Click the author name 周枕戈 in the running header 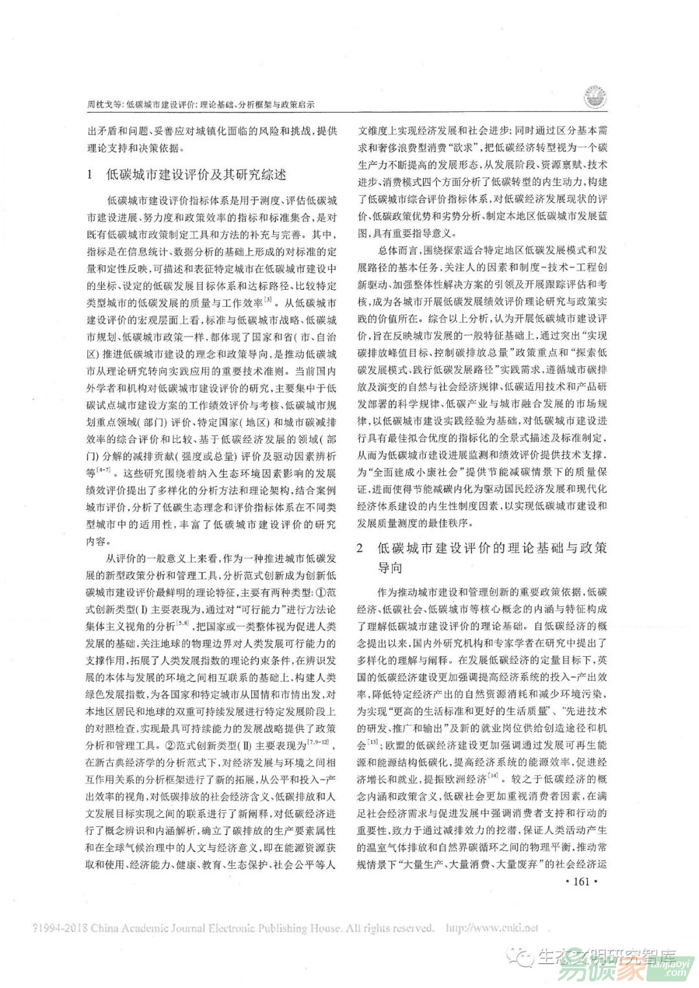(100, 104)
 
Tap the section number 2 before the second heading (361, 548)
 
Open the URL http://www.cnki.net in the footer (493, 928)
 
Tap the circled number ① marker (318, 592)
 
